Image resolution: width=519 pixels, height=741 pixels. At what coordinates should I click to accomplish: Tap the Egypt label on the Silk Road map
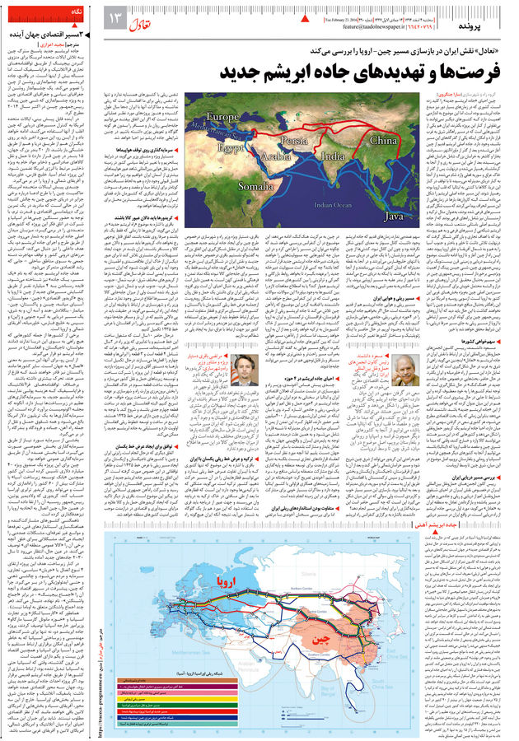209,148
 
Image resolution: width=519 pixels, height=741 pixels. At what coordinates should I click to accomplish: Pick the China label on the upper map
384,141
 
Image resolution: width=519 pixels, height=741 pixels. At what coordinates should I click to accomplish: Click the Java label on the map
395,216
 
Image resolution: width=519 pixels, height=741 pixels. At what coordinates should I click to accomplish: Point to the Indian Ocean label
334,204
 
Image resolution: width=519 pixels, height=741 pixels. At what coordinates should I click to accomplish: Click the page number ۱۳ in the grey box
115,17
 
